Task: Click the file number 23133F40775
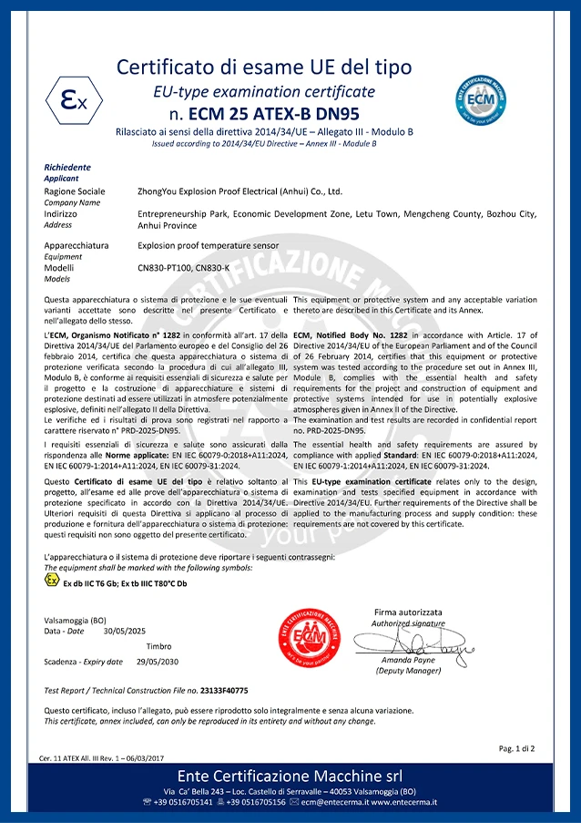tap(225, 691)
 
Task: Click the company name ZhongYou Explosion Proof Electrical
tap(240, 191)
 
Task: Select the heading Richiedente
tap(67, 167)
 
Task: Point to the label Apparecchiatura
tap(76, 245)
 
